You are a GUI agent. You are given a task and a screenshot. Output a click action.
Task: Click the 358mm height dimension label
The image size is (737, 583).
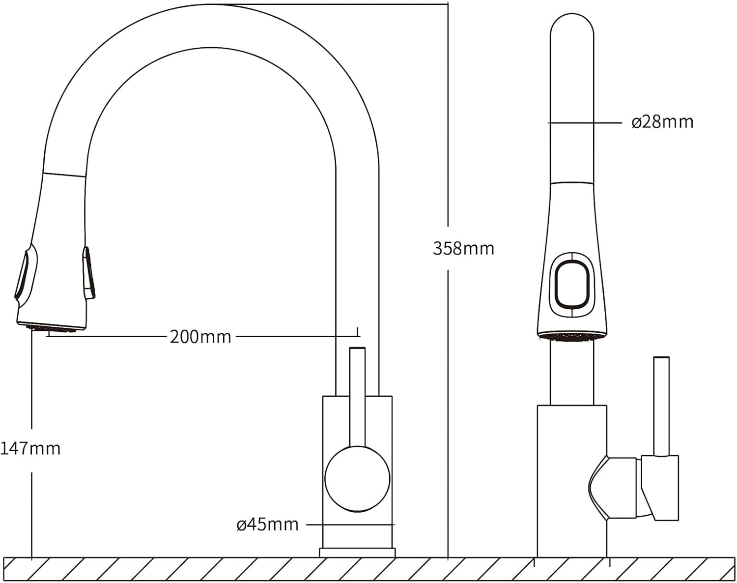(463, 249)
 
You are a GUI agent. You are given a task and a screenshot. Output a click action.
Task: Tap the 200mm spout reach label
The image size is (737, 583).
(200, 337)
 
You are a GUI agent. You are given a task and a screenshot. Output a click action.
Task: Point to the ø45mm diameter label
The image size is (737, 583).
(267, 525)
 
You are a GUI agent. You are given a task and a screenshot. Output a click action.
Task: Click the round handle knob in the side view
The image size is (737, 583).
(357, 479)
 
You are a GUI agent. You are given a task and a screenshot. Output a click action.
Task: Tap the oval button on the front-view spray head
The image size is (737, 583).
(571, 284)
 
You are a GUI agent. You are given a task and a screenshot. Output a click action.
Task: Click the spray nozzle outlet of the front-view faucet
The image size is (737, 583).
(571, 336)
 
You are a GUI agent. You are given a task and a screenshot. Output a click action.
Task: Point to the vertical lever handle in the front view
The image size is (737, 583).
(661, 407)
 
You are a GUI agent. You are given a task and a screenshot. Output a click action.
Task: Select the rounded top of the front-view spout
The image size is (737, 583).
(572, 24)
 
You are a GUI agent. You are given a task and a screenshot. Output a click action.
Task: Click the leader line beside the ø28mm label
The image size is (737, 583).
(584, 122)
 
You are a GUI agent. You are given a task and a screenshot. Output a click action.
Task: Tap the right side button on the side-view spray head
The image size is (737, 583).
(88, 273)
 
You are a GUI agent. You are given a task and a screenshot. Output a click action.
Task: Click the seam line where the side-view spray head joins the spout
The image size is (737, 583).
(64, 175)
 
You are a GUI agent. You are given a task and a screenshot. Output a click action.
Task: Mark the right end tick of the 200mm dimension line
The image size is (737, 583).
(358, 332)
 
